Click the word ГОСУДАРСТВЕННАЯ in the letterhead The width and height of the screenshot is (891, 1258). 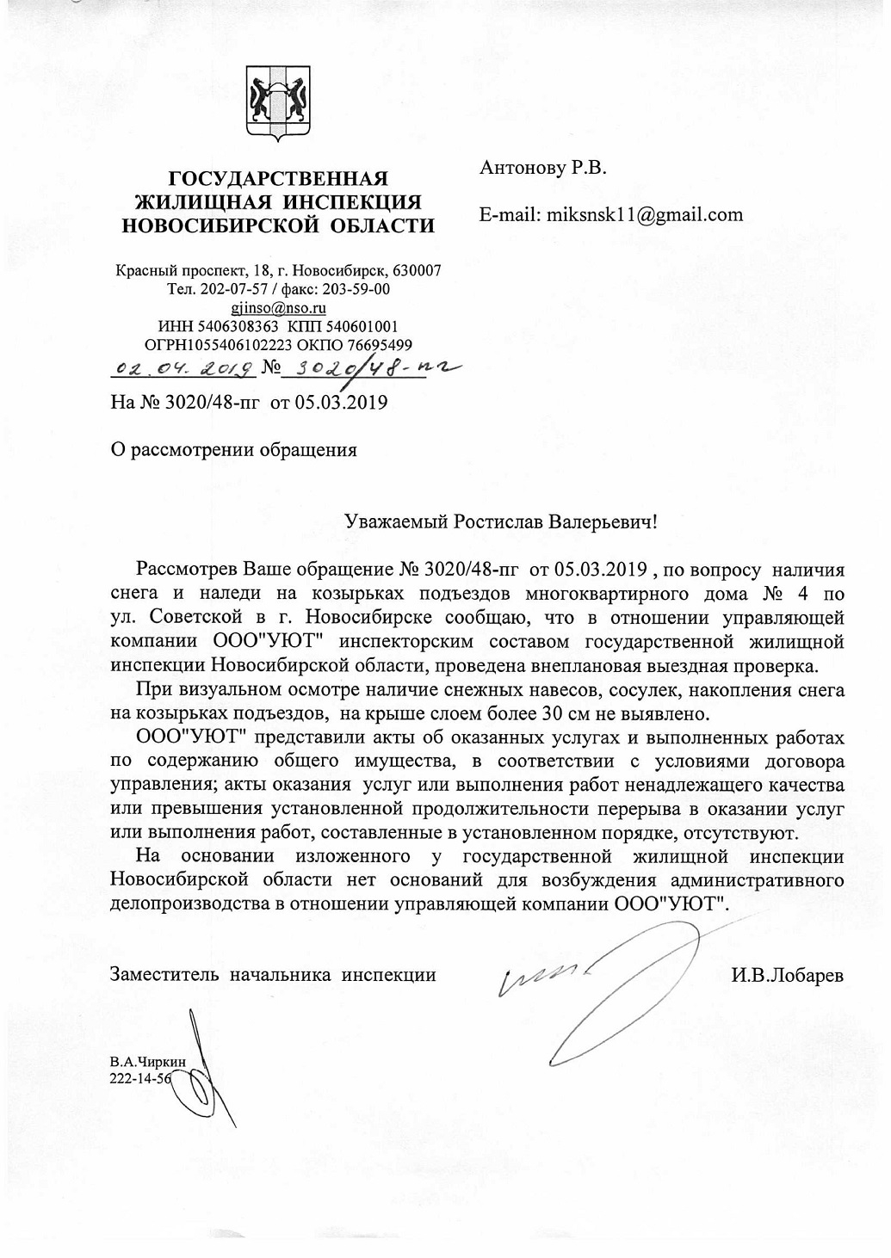[x=278, y=179]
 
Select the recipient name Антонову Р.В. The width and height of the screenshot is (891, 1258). [x=542, y=168]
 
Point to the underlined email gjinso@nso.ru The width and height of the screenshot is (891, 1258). [x=278, y=307]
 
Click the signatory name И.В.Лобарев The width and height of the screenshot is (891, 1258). [x=787, y=976]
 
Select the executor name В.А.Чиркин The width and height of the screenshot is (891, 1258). [x=147, y=1062]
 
